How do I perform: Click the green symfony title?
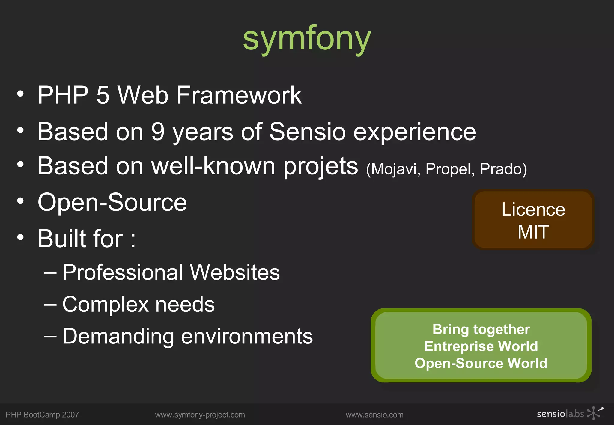[307, 39]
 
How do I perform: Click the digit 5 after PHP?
[103, 95]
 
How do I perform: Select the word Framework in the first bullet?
[239, 95]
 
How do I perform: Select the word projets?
[320, 167]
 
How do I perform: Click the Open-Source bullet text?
[112, 203]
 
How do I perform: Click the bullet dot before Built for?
[20, 237]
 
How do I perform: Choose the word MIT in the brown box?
[533, 232]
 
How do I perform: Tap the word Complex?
[105, 305]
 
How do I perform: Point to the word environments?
[247, 336]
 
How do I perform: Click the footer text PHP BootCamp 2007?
[42, 415]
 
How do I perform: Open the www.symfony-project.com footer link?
[200, 415]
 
